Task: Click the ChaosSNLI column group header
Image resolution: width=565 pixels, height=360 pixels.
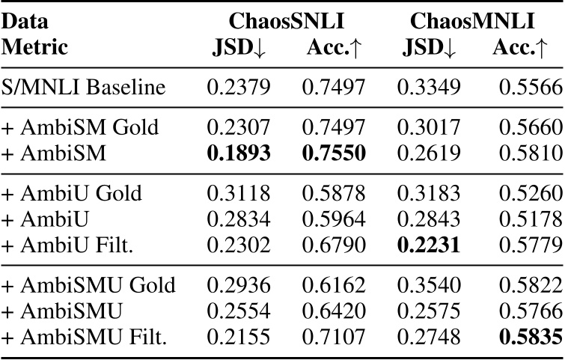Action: click(x=286, y=21)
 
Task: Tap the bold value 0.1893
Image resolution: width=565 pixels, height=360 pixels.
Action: click(x=239, y=153)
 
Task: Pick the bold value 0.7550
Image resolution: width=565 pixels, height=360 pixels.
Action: click(x=334, y=153)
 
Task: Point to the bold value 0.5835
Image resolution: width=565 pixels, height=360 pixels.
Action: click(x=528, y=332)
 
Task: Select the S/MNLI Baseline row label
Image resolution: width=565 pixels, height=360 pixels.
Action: click(x=84, y=88)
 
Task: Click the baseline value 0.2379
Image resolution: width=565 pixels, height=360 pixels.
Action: click(x=239, y=88)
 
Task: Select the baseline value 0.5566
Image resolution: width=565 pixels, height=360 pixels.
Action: click(x=528, y=88)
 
